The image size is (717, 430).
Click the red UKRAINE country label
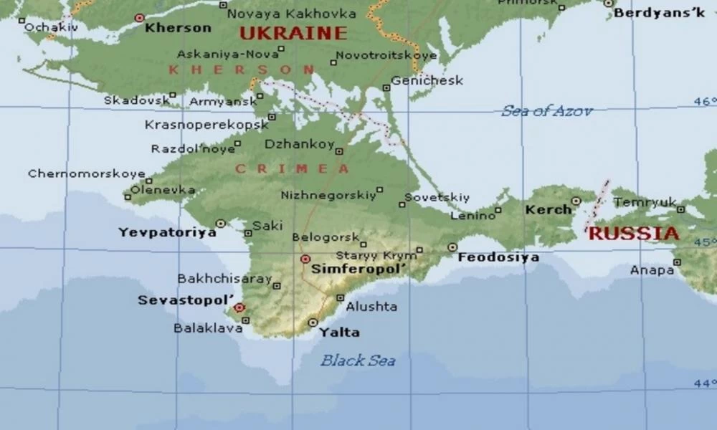pyautogui.click(x=293, y=33)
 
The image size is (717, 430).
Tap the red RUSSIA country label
pyautogui.click(x=633, y=234)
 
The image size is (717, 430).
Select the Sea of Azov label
pyautogui.click(x=546, y=111)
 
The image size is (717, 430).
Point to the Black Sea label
pyautogui.click(x=357, y=360)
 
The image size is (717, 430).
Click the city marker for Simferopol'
pyautogui.click(x=305, y=259)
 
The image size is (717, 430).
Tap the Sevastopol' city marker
pyautogui.click(x=239, y=307)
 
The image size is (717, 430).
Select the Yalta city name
pyautogui.click(x=339, y=333)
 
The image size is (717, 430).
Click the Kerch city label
pyautogui.click(x=549, y=210)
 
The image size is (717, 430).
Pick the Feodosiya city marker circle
pyautogui.click(x=452, y=247)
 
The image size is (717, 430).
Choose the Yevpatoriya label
pyautogui.click(x=167, y=232)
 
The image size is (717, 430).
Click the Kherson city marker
pyautogui.click(x=139, y=18)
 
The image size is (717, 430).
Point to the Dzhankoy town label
pyautogui.click(x=299, y=144)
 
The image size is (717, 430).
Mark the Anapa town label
pyautogui.click(x=652, y=270)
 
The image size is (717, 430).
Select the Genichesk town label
pyautogui.click(x=427, y=80)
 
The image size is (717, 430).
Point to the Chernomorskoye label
pyautogui.click(x=86, y=174)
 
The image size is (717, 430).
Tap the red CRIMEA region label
pyautogui.click(x=293, y=169)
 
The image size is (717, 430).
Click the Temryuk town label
pyautogui.click(x=645, y=202)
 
